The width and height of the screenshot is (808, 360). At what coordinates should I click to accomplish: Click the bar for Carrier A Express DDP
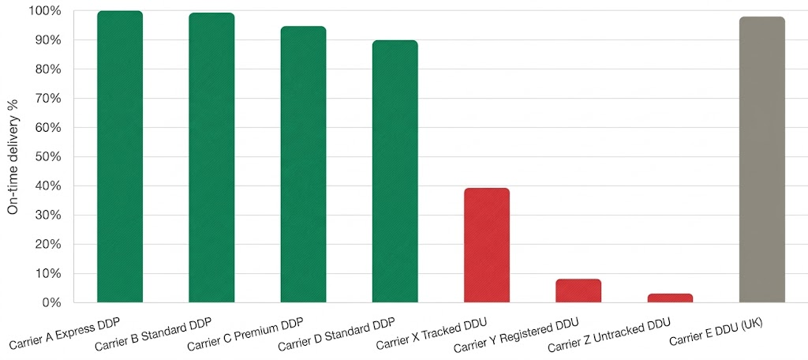click(x=120, y=158)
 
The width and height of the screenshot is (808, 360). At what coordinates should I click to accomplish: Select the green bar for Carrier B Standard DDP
click(x=211, y=158)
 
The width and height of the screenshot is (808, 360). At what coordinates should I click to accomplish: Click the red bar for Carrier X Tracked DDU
click(x=487, y=246)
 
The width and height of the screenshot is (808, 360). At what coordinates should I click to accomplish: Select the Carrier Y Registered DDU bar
click(x=578, y=291)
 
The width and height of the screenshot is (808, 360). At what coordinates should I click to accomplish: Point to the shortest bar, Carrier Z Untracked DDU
click(x=670, y=298)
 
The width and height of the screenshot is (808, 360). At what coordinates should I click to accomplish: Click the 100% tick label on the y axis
click(x=44, y=11)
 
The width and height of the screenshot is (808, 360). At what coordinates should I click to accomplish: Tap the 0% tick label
click(x=50, y=303)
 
